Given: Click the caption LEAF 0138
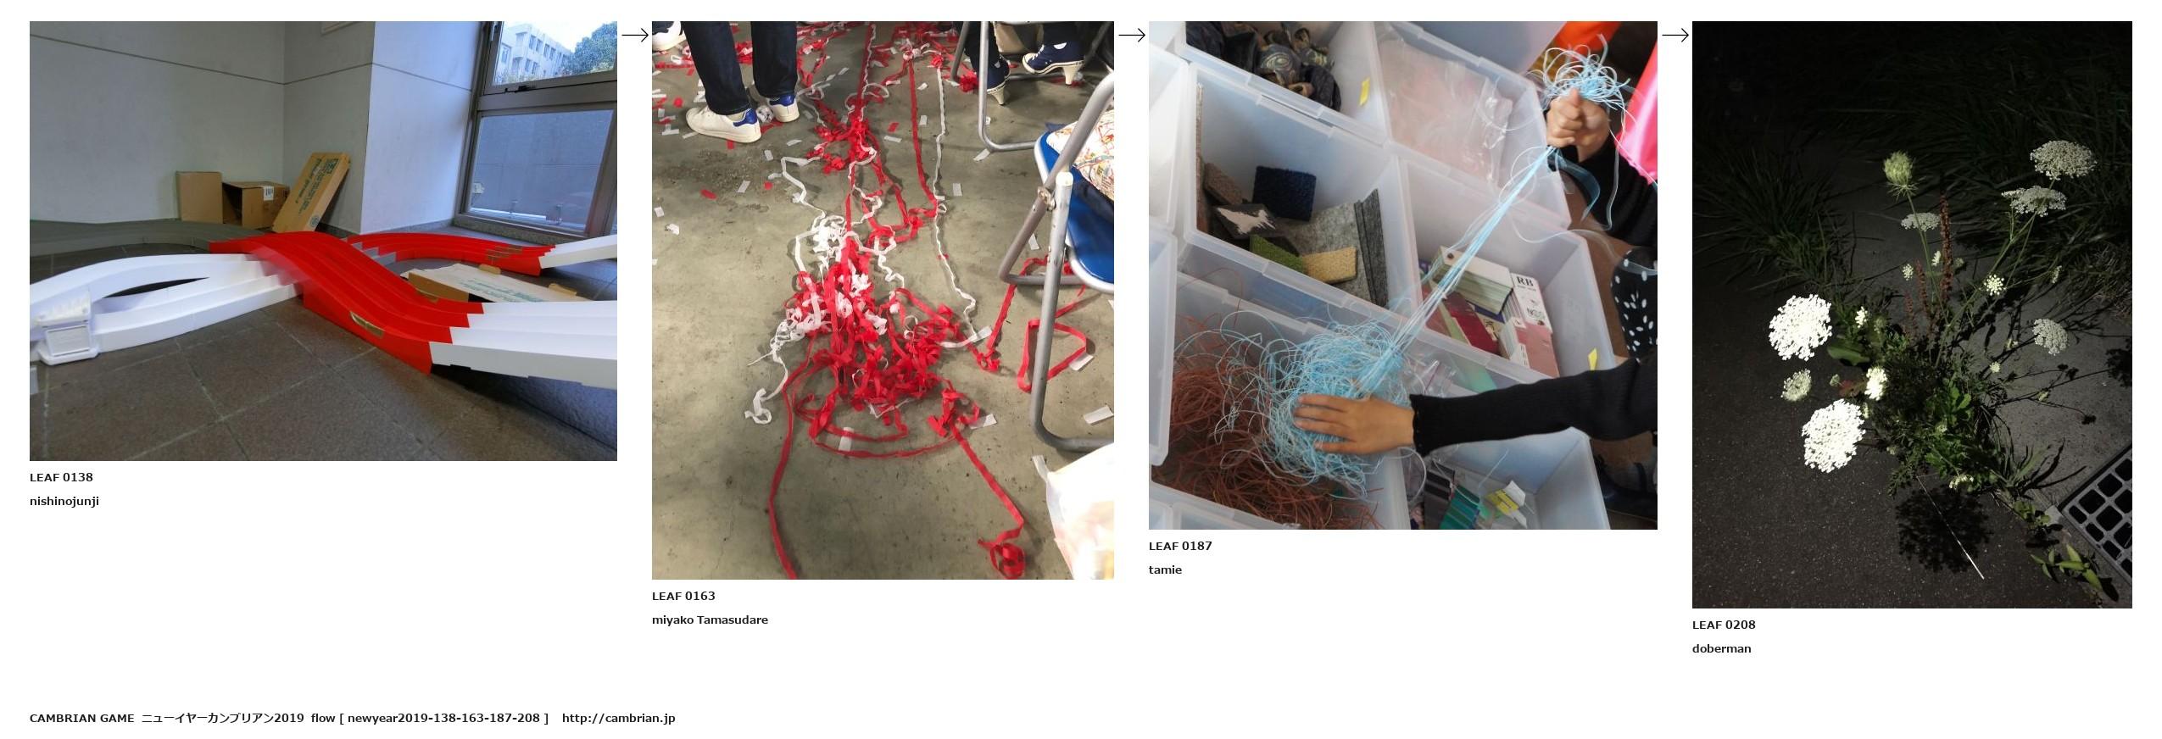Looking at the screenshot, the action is [61, 477].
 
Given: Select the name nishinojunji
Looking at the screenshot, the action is [64, 501].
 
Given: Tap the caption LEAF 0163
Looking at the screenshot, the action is [683, 596].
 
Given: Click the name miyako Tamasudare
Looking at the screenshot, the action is [710, 620].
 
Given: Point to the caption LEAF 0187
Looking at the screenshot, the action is [1180, 546].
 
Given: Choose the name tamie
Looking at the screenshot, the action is [1165, 570].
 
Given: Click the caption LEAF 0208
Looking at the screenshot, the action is [1724, 625].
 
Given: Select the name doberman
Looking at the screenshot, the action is [1721, 648].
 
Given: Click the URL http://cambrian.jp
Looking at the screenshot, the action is [618, 718].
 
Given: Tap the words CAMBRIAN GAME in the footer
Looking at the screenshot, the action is [81, 718].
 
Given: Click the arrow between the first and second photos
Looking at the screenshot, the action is [635, 35].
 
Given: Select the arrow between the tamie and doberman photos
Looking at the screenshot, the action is [1674, 35].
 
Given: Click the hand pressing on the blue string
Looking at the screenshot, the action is [1349, 420].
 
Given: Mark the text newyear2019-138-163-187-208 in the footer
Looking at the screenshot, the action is [443, 718].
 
